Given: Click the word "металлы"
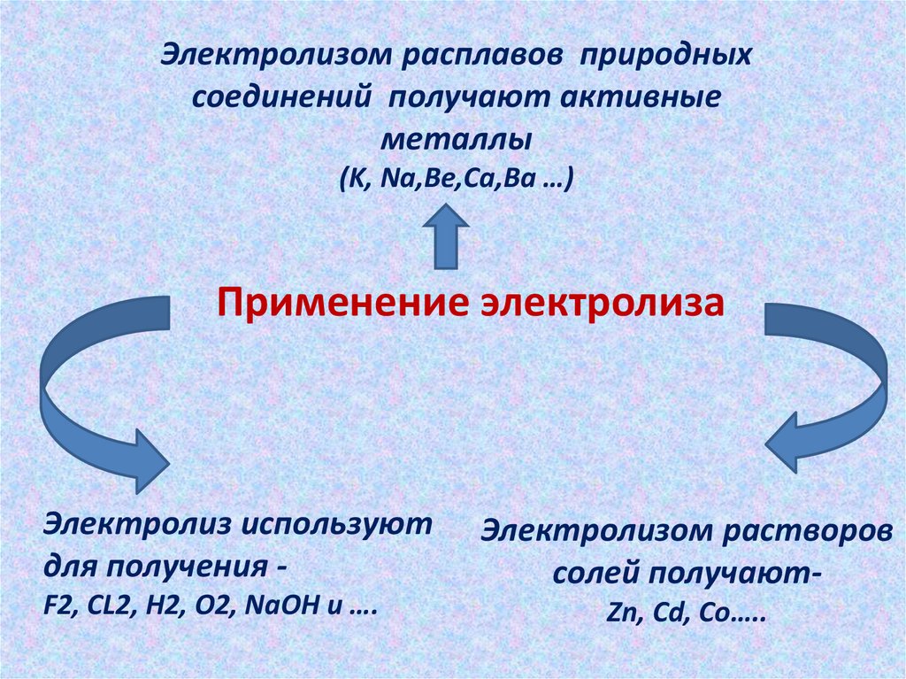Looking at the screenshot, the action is (457, 140).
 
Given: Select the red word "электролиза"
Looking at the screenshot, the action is (602, 304).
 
